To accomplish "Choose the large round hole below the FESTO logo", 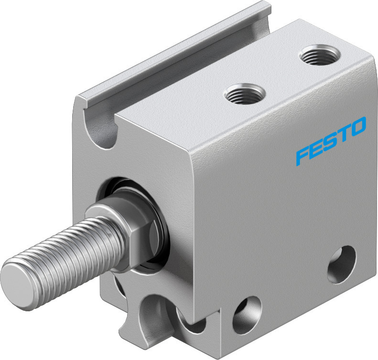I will point(341,264).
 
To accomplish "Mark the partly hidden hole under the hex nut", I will point(119,287).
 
